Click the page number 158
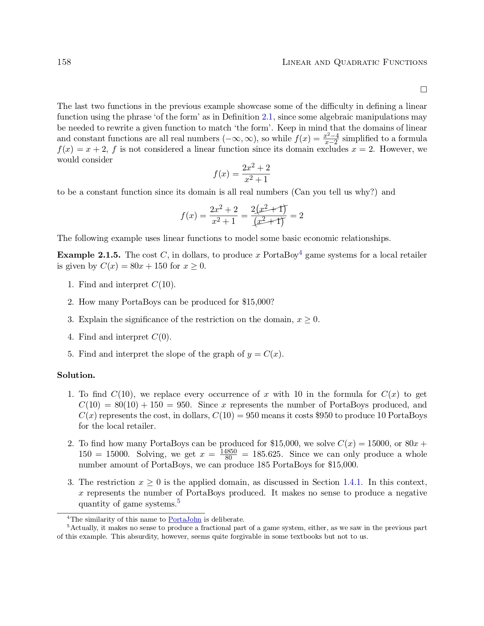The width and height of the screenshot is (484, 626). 64,62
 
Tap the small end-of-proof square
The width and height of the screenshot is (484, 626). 424,90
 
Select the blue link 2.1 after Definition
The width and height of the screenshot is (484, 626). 267,117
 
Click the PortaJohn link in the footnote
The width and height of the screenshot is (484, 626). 184,519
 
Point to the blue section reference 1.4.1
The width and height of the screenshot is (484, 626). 352,482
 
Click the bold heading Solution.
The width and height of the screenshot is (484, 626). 76,375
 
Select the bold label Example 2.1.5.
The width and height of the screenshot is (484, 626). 88,255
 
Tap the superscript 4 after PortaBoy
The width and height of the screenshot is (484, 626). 300,252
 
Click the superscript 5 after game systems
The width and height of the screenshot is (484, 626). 178,502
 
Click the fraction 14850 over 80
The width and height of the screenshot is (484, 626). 228,454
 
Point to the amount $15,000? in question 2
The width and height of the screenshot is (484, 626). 258,302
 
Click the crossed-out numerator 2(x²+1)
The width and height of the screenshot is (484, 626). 269,209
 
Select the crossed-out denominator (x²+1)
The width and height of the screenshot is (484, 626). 269,222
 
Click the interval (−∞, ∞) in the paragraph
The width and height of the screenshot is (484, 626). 240,138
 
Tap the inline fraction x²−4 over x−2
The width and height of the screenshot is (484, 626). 331,139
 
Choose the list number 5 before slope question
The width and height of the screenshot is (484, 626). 70,354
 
